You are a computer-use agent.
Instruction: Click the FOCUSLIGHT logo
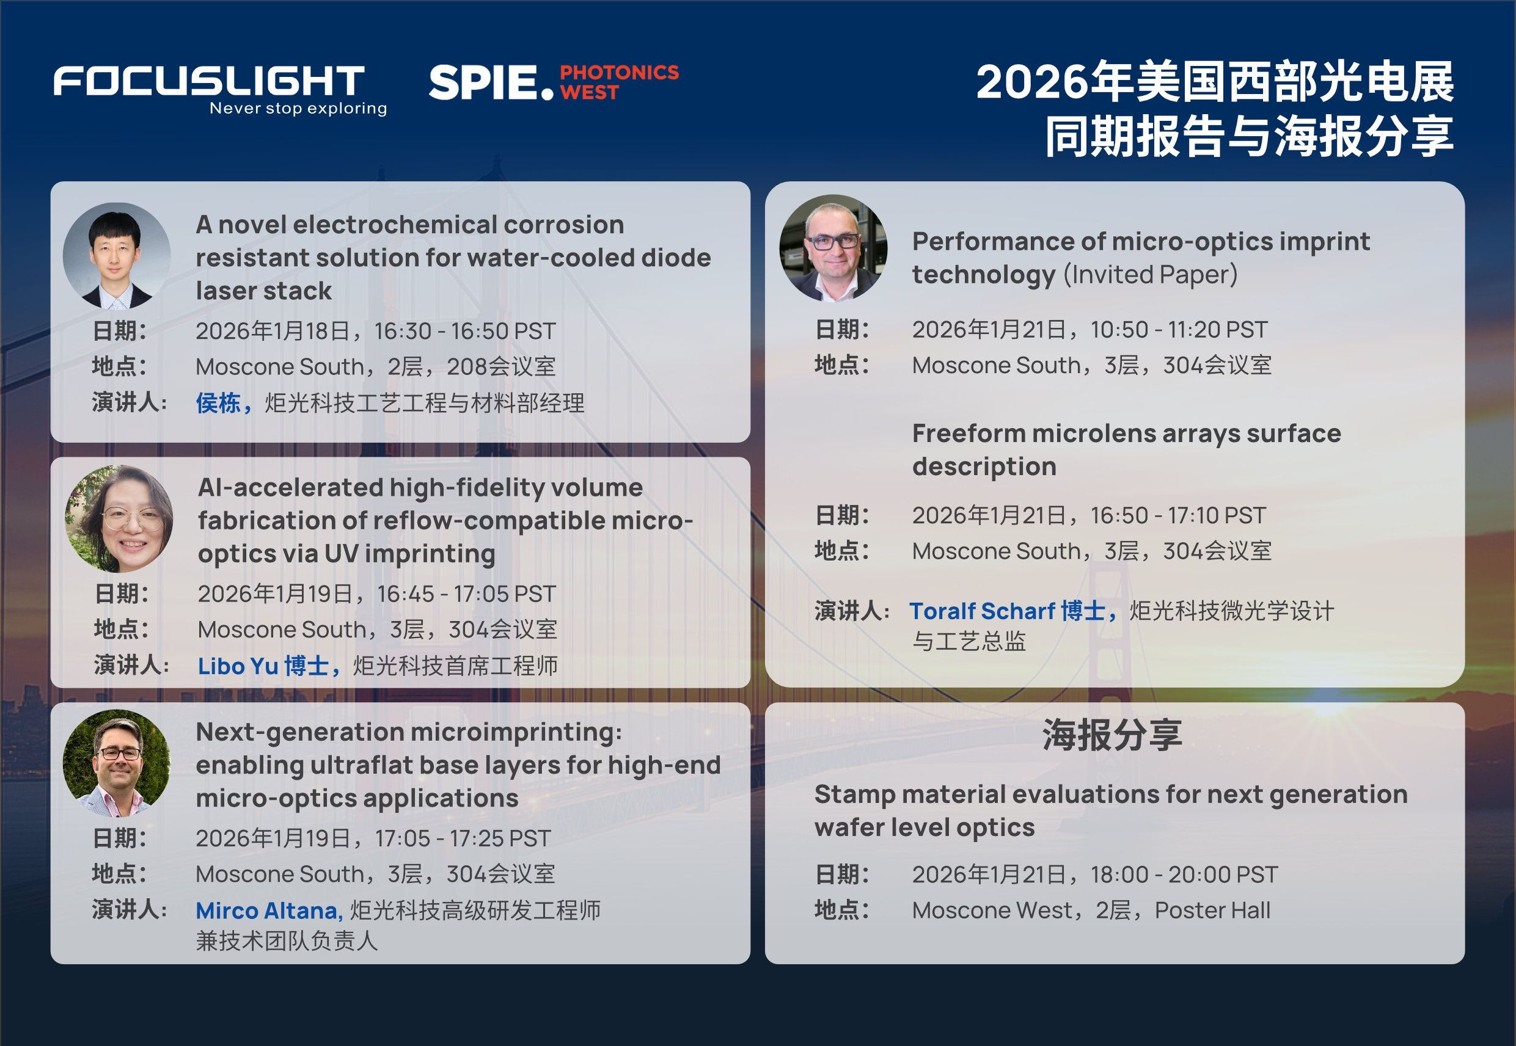pos(209,81)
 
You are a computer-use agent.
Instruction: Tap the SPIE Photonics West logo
pos(554,82)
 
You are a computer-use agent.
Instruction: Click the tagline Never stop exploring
pos(298,108)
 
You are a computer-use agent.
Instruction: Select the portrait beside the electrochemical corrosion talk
pos(117,256)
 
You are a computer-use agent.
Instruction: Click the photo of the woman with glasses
pos(119,518)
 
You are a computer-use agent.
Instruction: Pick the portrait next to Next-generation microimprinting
pos(117,763)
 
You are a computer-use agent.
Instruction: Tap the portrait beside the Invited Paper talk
pos(833,248)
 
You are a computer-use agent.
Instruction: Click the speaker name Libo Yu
pos(238,666)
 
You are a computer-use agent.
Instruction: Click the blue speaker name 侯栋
pos(218,403)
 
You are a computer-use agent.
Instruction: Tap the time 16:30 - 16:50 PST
pos(465,331)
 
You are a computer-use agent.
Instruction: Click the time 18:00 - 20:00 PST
pos(1184,874)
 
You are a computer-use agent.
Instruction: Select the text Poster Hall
pos(1212,910)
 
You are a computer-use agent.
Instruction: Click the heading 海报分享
pos(1113,735)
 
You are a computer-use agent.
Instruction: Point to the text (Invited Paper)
pos(1151,274)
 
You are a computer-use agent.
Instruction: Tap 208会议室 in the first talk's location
pos(501,366)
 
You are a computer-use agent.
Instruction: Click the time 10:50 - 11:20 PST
pos(1179,330)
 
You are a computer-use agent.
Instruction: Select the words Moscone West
pos(992,910)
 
